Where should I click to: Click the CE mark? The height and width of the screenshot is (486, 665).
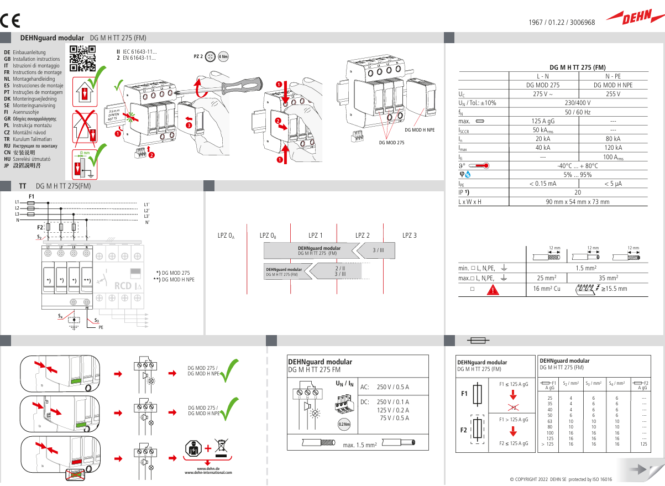click(x=10, y=22)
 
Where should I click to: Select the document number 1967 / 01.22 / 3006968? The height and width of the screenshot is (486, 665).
click(x=562, y=23)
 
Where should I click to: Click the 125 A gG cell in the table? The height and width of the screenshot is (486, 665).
click(x=543, y=121)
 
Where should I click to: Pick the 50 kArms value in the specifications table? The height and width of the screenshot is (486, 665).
click(x=543, y=130)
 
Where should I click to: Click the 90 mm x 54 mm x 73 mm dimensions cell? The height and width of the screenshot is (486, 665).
click(x=577, y=202)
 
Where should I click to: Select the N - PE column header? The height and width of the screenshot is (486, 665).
click(x=612, y=76)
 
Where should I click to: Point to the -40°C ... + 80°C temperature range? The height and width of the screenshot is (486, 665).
click(x=577, y=166)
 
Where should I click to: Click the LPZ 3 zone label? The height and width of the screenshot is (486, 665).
click(x=410, y=236)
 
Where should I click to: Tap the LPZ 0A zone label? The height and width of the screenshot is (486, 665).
click(x=226, y=236)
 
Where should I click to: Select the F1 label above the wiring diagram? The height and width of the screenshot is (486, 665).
click(x=32, y=196)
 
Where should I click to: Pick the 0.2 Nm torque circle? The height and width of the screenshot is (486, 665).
click(x=344, y=424)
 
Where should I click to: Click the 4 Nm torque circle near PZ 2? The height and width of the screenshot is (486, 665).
click(x=223, y=57)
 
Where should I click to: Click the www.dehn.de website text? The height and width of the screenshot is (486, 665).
click(x=208, y=468)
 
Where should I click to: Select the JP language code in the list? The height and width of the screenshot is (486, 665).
click(x=7, y=165)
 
